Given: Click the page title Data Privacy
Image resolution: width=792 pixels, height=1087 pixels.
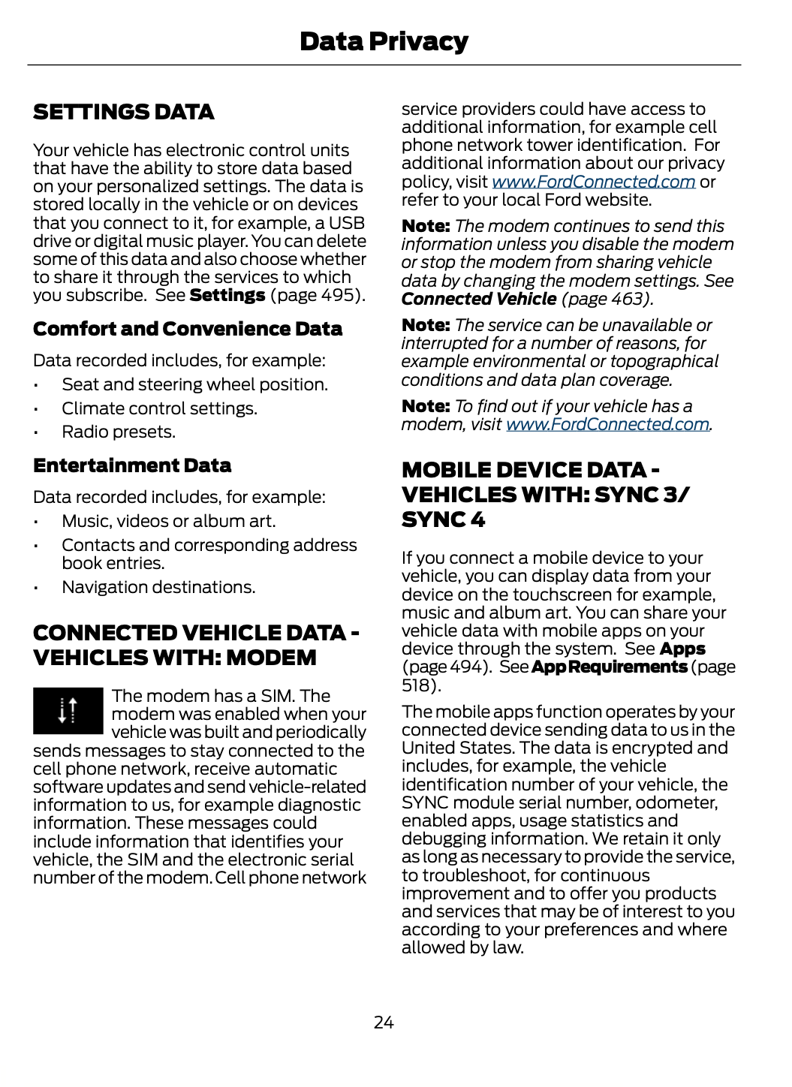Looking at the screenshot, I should click(x=384, y=41).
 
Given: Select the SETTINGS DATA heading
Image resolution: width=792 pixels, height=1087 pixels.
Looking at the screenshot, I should click(x=124, y=112).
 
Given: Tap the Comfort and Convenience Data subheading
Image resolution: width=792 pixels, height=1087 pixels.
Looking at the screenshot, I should click(x=188, y=329).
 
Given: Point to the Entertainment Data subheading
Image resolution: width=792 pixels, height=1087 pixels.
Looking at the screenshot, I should click(x=132, y=465).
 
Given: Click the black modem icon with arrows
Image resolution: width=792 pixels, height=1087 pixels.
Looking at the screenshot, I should click(x=68, y=710).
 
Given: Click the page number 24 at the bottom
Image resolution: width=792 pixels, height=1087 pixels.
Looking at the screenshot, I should click(x=384, y=1022).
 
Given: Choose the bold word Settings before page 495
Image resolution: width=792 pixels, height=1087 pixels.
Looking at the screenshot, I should click(x=227, y=295).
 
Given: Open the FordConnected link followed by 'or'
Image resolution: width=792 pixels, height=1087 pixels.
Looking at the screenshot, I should click(x=593, y=182).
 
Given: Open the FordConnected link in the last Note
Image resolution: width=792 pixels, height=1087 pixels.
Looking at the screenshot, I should click(x=608, y=424).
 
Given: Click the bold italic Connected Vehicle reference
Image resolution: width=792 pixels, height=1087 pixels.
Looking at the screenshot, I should click(x=479, y=299).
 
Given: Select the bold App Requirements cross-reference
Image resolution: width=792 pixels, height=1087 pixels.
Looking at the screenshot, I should click(x=609, y=667).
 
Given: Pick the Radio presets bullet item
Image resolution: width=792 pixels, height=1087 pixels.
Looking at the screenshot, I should click(x=119, y=432).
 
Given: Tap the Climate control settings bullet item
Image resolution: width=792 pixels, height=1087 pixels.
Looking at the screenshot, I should click(x=159, y=408).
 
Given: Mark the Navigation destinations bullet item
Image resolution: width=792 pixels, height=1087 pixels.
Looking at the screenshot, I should click(x=158, y=587).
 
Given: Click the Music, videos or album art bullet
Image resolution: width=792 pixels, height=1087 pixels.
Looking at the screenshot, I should click(x=169, y=521).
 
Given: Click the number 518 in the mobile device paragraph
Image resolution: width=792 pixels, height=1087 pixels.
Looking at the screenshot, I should click(x=418, y=685).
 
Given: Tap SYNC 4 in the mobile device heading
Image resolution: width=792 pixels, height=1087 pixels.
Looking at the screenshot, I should click(x=443, y=519).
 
